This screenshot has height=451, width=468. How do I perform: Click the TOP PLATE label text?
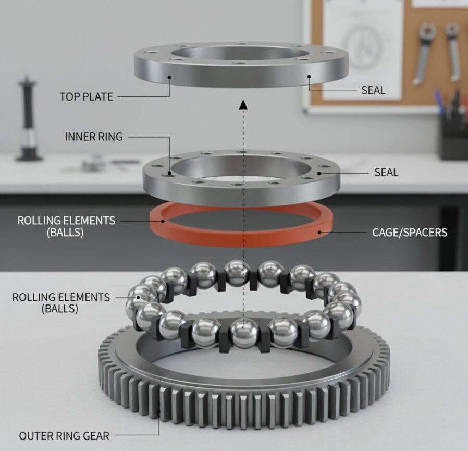tap(87, 97)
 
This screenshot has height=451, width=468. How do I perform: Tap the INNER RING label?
tap(94, 137)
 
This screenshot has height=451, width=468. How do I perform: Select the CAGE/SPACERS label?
tap(410, 233)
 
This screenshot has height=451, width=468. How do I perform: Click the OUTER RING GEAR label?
tap(64, 436)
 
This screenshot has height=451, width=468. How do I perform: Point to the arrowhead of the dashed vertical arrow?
tap(243, 104)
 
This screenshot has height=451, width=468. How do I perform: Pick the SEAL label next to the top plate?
tap(373, 90)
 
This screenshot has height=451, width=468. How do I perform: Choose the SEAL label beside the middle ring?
tap(386, 173)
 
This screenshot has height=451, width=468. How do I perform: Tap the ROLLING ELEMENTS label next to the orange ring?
tap(66, 226)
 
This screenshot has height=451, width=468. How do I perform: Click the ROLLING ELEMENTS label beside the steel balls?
tap(61, 302)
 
